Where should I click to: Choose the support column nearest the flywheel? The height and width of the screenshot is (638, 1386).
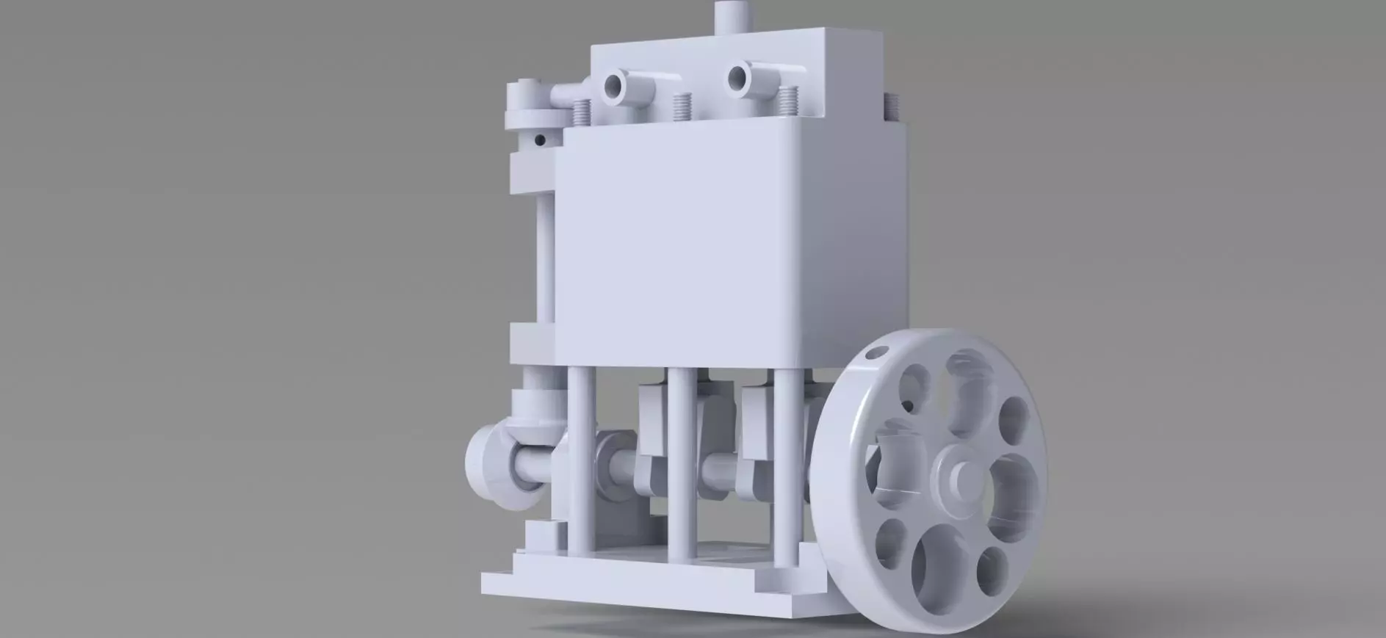click(x=783, y=470)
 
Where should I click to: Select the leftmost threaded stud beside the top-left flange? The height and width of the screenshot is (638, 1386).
click(x=580, y=111)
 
